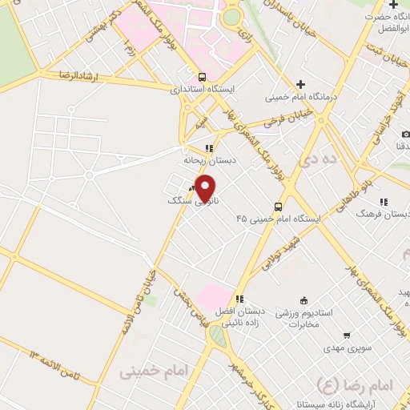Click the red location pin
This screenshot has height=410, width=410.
click(206, 188)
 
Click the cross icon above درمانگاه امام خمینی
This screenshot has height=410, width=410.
click(300, 84)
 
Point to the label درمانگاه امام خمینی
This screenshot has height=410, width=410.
click(301, 98)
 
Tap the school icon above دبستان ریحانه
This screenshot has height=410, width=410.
click(209, 148)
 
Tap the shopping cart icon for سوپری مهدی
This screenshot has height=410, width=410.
click(347, 336)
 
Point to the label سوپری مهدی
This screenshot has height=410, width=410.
click(346, 348)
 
